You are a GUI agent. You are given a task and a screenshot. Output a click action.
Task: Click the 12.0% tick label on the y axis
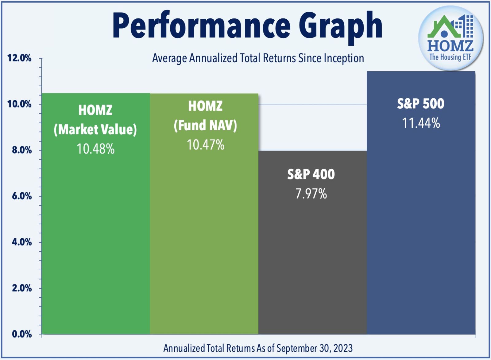(19, 58)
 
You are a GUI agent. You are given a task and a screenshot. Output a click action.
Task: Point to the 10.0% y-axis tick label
(19, 104)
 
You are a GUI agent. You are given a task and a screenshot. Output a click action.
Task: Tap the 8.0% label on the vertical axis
(21, 150)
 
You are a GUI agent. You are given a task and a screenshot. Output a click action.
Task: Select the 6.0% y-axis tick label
(21, 196)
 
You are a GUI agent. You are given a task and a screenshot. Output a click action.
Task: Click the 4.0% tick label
(21, 242)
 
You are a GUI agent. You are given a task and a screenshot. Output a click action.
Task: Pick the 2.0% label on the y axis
(21, 288)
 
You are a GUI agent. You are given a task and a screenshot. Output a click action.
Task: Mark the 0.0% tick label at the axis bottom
(21, 334)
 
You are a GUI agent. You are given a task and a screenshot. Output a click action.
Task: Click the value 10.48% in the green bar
(95, 149)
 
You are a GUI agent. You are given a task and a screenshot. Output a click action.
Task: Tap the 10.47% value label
(205, 145)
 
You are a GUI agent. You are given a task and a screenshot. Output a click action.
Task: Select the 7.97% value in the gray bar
(311, 194)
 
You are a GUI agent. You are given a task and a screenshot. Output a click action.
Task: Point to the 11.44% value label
(421, 123)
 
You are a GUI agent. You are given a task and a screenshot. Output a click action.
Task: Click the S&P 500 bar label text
(421, 104)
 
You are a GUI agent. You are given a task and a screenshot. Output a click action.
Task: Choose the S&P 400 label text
(311, 174)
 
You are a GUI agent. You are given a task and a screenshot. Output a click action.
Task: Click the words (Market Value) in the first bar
(95, 129)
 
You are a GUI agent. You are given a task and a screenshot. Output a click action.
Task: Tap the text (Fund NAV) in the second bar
(205, 125)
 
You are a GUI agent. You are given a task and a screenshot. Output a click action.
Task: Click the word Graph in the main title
(341, 26)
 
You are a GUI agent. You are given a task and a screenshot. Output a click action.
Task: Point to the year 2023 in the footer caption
(343, 348)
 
